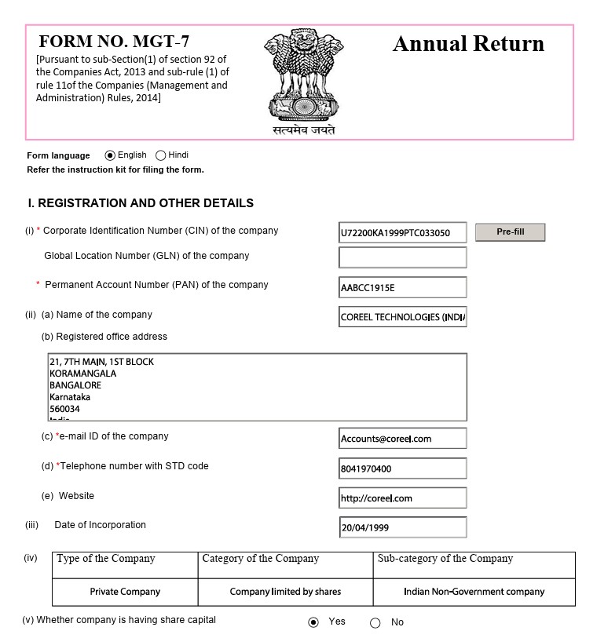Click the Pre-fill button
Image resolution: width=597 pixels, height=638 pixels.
click(x=510, y=232)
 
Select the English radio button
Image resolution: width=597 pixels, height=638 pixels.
click(x=110, y=155)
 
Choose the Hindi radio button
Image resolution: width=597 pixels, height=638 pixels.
click(x=161, y=155)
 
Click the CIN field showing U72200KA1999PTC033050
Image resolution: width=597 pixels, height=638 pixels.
click(x=402, y=233)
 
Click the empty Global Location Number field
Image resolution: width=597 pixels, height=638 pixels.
click(x=402, y=257)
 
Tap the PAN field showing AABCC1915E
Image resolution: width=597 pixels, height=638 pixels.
click(x=402, y=287)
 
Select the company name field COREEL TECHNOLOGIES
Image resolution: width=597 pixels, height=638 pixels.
click(x=402, y=317)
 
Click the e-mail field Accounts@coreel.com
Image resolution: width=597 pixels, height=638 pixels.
click(x=402, y=438)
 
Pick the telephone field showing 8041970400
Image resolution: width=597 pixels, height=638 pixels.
click(x=402, y=468)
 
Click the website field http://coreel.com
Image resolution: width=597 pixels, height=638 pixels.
click(x=402, y=498)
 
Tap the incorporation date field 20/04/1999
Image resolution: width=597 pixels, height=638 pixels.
click(x=402, y=527)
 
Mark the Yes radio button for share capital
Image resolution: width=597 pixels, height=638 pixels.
click(x=313, y=622)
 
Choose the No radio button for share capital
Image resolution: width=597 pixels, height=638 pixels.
click(x=375, y=623)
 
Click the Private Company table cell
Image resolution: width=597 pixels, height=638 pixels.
click(x=125, y=592)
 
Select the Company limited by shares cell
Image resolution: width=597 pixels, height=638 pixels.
click(x=285, y=592)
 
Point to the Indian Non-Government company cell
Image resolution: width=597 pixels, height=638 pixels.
click(x=474, y=592)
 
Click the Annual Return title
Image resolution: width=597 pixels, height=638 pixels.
click(x=468, y=44)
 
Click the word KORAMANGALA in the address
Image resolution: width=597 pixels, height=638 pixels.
click(x=82, y=374)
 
